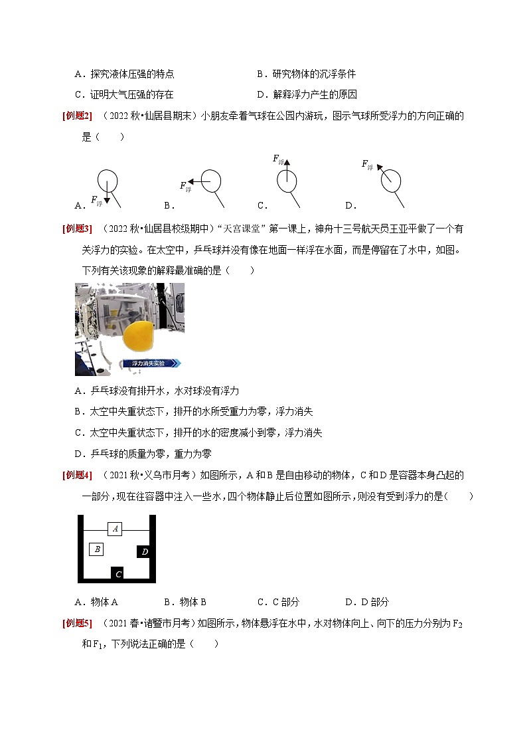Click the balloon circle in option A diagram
click(x=108, y=179)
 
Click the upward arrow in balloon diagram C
click(x=287, y=170)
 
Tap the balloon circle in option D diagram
click(x=392, y=180)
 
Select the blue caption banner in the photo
click(x=151, y=363)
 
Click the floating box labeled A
click(x=115, y=529)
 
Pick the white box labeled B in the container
click(x=97, y=549)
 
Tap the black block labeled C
click(x=118, y=573)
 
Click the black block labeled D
click(x=144, y=551)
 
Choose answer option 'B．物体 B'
click(x=185, y=602)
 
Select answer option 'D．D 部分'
click(x=367, y=602)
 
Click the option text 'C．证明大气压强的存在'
click(x=124, y=94)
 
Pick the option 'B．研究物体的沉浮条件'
click(x=306, y=74)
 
